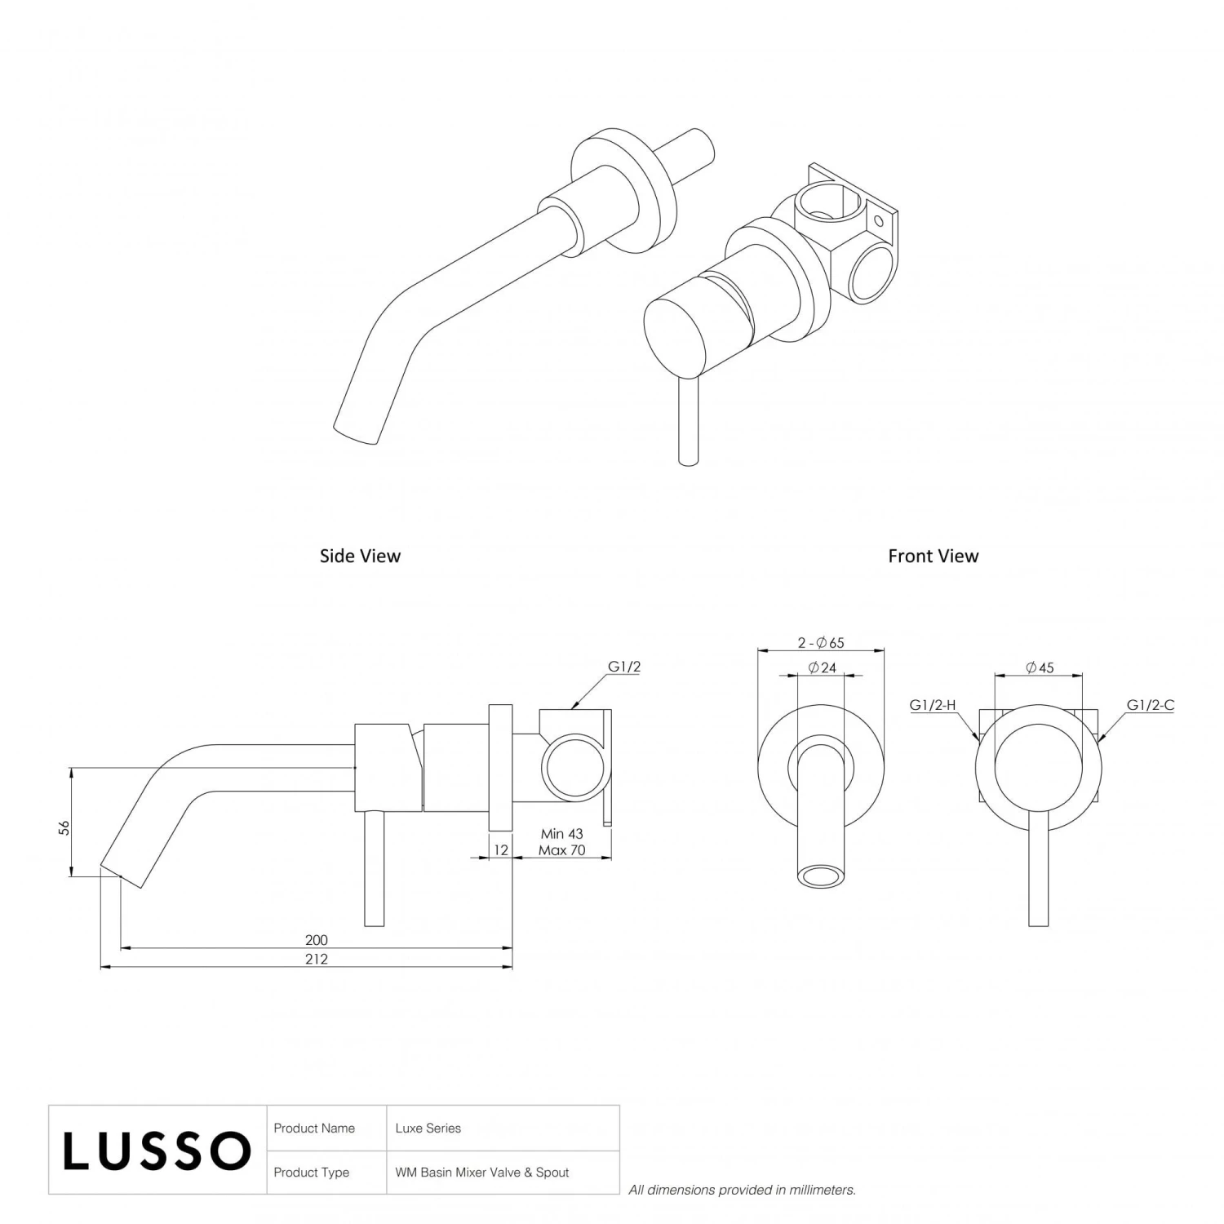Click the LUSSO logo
[157, 1151]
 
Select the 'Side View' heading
[360, 557]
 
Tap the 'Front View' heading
[933, 557]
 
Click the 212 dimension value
[316, 959]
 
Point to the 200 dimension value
[316, 940]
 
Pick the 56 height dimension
[64, 827]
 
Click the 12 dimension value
[501, 849]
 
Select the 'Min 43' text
[561, 834]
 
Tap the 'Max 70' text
[561, 850]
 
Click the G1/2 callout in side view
[624, 667]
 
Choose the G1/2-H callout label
[933, 705]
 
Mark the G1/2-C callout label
[1150, 705]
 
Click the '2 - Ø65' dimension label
[821, 643]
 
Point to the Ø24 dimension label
[822, 667]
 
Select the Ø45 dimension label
[1040, 667]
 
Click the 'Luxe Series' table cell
[428, 1129]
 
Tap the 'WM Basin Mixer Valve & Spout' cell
[482, 1173]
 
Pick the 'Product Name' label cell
[314, 1129]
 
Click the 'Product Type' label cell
[312, 1173]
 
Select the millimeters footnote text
[742, 1190]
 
